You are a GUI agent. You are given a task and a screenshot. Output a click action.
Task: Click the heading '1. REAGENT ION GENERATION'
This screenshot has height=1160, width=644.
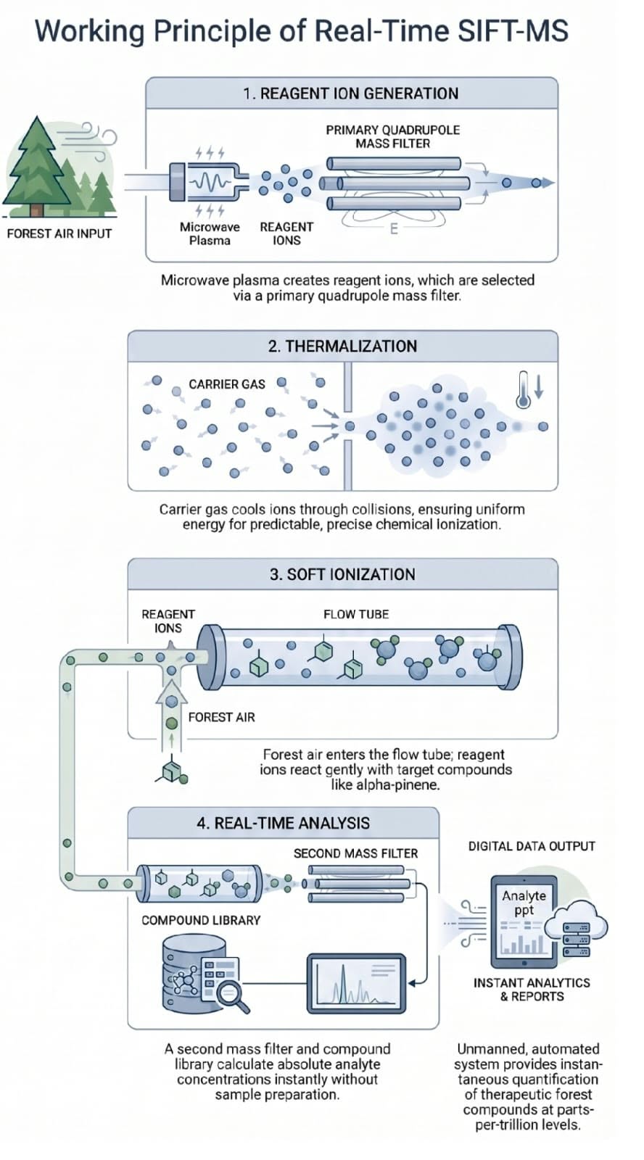pos(351,94)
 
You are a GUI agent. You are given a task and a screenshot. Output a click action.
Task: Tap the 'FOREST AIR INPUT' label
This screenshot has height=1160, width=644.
pos(59,233)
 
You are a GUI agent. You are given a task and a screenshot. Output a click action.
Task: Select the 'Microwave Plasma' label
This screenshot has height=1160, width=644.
pos(210,233)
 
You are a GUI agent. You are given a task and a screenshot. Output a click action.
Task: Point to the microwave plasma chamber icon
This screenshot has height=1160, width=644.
pos(208,182)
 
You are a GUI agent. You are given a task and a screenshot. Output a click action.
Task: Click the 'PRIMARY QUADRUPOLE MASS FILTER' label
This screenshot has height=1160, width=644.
pos(393,137)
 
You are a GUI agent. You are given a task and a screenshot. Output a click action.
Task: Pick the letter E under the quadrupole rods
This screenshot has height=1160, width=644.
pos(394,229)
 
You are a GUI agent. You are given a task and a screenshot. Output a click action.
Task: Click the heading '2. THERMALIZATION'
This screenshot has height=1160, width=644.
pos(342,347)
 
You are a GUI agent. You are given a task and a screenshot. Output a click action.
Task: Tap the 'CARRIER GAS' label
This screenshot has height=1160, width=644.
pos(227,384)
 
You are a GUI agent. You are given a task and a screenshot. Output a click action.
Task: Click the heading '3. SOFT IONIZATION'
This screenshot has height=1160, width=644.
pos(342,574)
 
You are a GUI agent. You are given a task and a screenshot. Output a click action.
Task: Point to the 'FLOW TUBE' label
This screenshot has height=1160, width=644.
pos(356,614)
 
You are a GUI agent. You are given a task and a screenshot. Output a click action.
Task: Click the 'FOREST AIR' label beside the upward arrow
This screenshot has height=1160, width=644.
pos(222,717)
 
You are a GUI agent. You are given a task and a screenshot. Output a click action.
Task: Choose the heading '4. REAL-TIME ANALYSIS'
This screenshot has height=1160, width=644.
pos(283,823)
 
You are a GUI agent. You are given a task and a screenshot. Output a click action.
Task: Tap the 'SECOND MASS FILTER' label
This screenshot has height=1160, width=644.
pos(355,853)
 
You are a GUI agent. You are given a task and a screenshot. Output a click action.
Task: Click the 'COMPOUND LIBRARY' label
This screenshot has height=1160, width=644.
pos(201,920)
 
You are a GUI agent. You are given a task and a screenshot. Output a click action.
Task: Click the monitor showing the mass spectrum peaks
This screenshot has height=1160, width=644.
pos(357,983)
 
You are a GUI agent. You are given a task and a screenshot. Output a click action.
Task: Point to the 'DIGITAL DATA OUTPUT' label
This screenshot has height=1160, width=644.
pos(532,846)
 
